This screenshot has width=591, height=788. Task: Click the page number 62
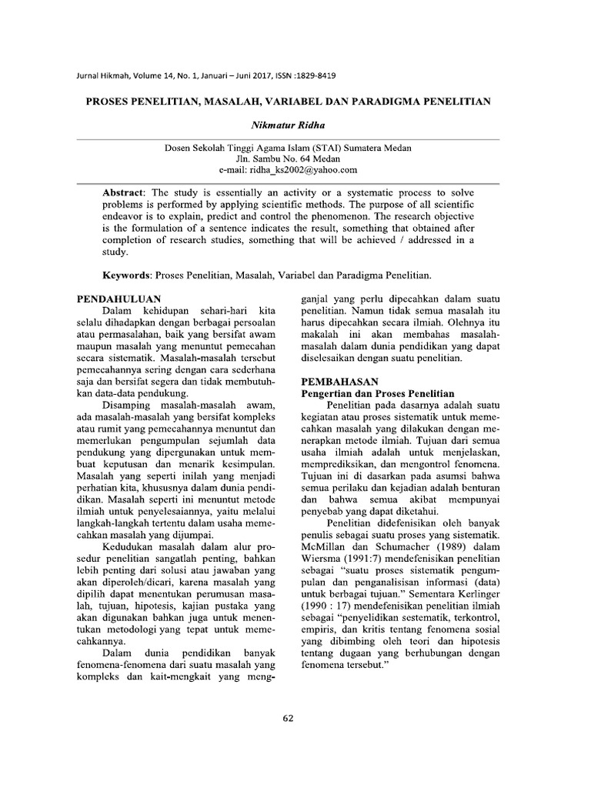click(x=289, y=719)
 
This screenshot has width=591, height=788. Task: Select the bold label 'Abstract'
click(x=125, y=191)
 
